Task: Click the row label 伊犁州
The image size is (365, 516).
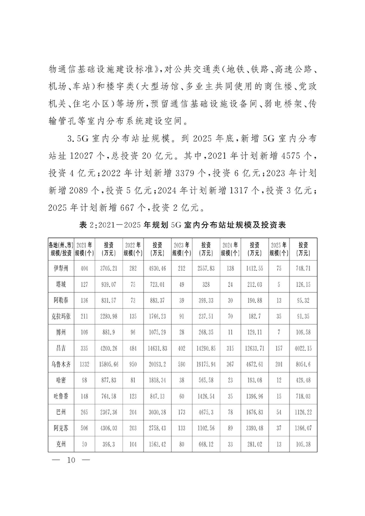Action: coord(61,268)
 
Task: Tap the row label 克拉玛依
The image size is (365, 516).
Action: coord(61,316)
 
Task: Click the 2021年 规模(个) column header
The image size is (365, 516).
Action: coord(84,248)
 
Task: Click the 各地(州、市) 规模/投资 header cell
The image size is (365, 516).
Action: coord(61,248)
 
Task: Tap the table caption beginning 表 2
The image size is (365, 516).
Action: coord(182,225)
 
